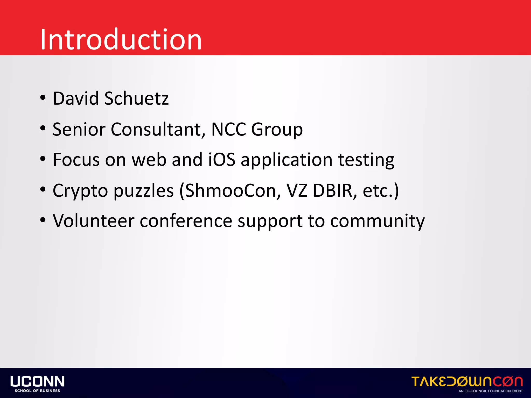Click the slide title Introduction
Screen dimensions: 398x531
[x=121, y=40]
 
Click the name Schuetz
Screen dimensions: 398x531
[x=136, y=99]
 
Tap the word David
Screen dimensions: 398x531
[x=76, y=99]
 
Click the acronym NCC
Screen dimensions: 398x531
[x=228, y=129]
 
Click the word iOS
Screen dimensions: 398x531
[x=222, y=160]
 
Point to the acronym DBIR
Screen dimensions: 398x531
[x=333, y=191]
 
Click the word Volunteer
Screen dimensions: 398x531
[x=93, y=221]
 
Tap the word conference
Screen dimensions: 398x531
[x=186, y=221]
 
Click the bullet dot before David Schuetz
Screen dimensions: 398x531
[x=43, y=98]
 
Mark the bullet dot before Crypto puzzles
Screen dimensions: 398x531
[x=43, y=190]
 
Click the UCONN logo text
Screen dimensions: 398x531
[x=38, y=381]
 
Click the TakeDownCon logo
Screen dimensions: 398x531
[x=467, y=382]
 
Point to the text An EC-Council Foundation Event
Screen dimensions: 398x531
[x=491, y=391]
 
